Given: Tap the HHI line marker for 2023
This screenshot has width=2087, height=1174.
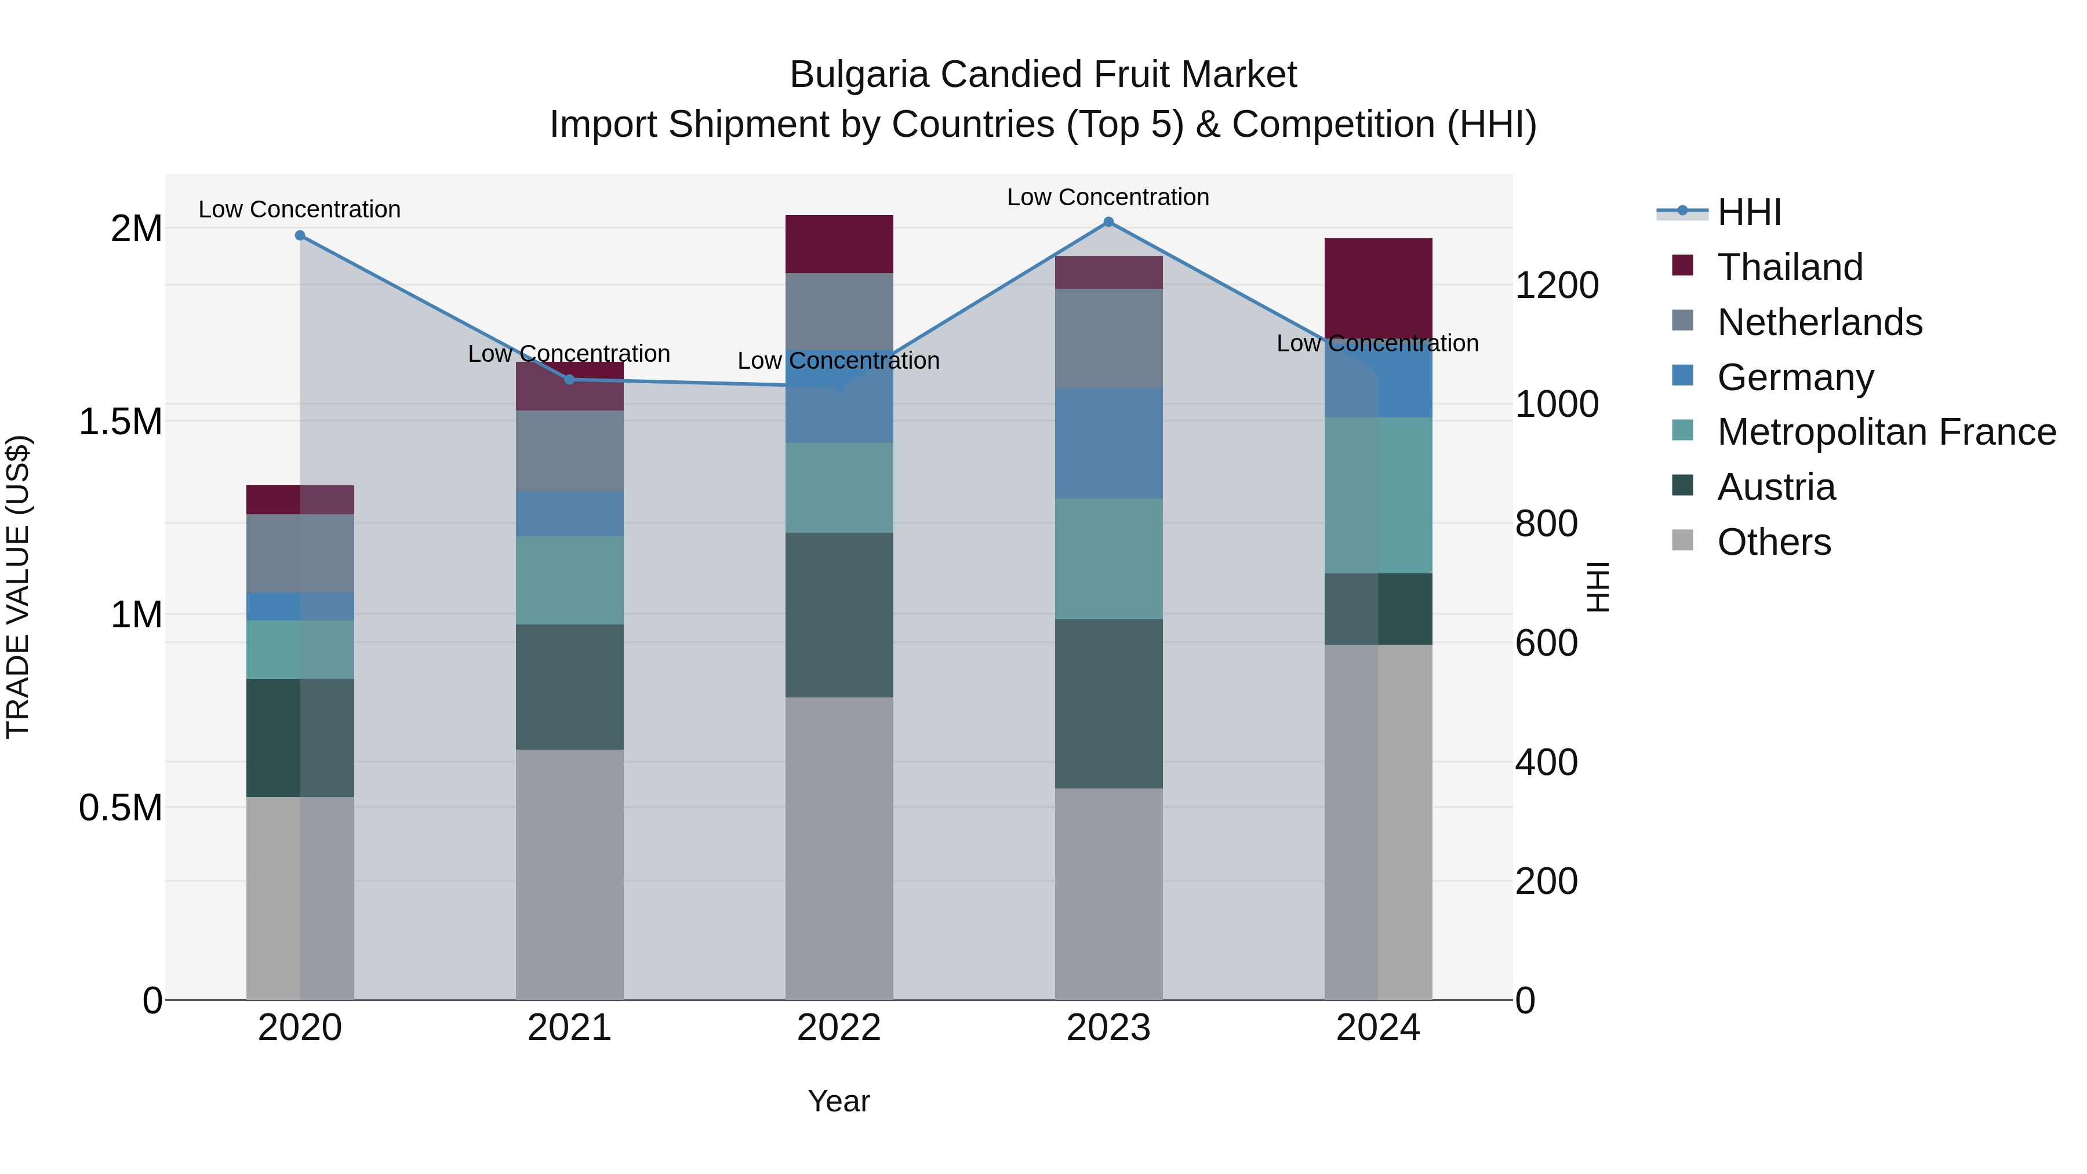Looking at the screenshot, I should (1108, 222).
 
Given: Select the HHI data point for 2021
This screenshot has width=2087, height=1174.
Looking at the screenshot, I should (569, 379).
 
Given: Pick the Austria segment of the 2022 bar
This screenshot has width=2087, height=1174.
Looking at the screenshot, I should (839, 615).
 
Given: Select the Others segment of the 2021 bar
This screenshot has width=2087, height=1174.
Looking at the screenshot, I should (569, 875).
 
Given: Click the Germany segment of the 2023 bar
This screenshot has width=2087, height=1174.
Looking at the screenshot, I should (1108, 443).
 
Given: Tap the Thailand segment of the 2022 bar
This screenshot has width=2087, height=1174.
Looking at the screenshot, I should (839, 244).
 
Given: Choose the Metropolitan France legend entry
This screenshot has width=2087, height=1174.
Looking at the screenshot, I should (1886, 432).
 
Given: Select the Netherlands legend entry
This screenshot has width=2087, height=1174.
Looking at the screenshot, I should (1819, 322).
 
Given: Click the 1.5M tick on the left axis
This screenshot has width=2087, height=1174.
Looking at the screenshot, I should (121, 422).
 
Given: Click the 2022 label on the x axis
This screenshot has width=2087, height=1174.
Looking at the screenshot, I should (839, 1028).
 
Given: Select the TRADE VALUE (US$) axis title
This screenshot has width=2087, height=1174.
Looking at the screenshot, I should (18, 587).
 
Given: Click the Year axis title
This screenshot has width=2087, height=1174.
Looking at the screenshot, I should (838, 1101).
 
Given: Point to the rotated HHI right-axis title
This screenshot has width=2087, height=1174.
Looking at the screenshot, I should (1597, 587).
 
